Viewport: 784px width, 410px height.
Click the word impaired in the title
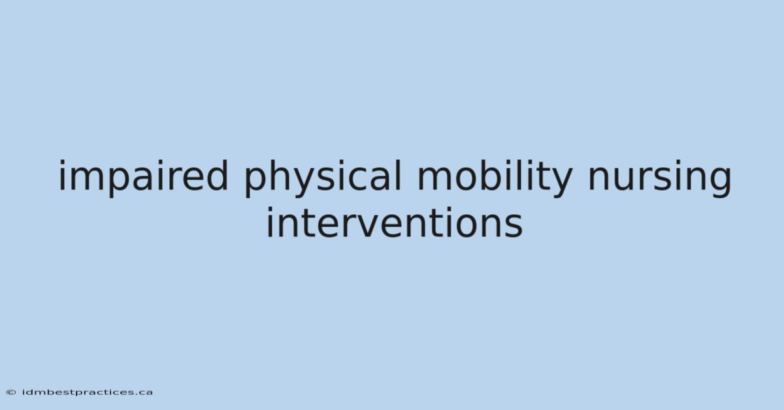[x=143, y=177]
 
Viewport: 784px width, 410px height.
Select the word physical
[x=323, y=177]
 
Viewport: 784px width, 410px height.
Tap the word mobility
[x=495, y=177]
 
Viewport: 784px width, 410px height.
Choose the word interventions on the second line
[x=395, y=222]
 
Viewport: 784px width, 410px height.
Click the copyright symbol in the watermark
[x=11, y=392]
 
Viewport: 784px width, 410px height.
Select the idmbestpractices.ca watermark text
[x=88, y=392]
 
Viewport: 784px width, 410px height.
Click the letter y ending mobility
[x=560, y=182]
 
